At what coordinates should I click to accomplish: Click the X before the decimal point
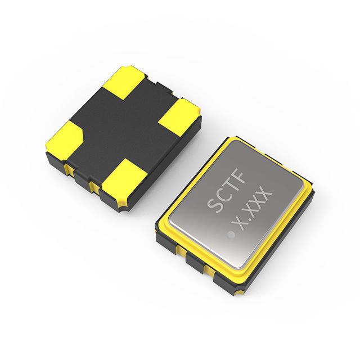240,226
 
